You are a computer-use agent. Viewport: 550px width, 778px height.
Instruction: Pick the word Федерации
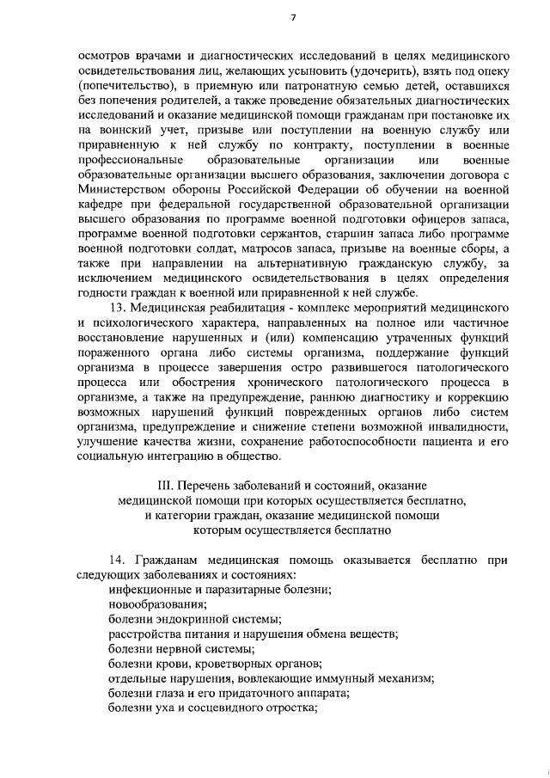336,190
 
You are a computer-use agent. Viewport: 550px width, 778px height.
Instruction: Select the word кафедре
102,205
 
